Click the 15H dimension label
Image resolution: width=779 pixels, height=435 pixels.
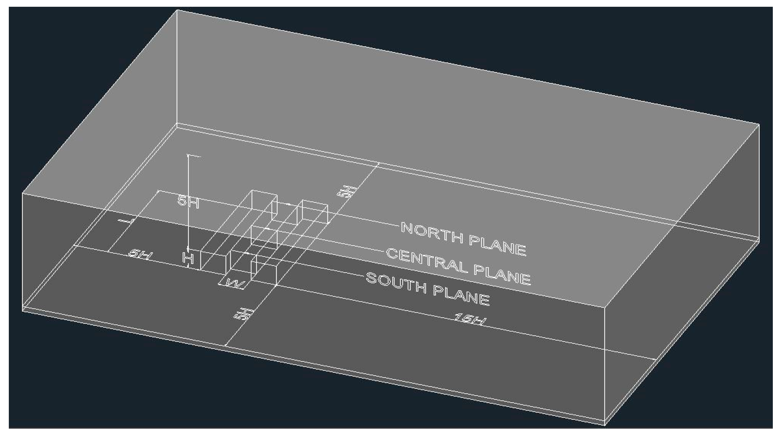(x=469, y=319)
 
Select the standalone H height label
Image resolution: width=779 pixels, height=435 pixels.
(x=188, y=258)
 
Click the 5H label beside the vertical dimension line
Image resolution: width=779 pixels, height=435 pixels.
(x=188, y=201)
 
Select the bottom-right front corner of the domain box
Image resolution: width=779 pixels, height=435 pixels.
(x=604, y=425)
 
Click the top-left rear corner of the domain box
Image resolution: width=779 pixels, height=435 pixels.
(x=177, y=10)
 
